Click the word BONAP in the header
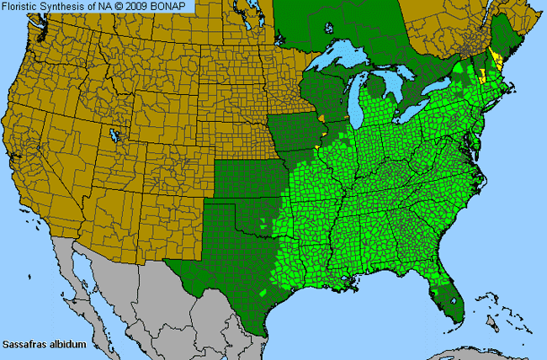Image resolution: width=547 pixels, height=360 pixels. [173, 7]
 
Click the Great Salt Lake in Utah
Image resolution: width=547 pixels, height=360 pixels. [112, 135]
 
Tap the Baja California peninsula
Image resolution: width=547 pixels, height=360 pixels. [72, 278]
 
